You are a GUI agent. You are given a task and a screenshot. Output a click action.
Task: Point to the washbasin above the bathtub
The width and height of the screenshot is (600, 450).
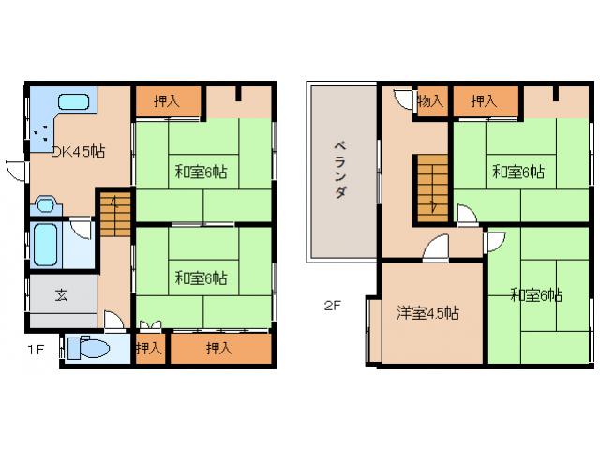(x=47, y=206)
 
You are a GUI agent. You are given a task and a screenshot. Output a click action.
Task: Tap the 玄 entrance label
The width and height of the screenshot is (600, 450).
(x=60, y=294)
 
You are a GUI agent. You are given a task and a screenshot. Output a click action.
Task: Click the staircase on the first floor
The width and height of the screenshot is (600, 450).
(x=112, y=213)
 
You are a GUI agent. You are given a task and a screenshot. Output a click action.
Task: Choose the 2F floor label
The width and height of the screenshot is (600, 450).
(x=333, y=305)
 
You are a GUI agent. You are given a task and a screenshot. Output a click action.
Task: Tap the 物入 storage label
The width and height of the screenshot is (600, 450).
(x=430, y=101)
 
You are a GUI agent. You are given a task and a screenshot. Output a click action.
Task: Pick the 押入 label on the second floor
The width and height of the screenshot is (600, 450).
(x=484, y=101)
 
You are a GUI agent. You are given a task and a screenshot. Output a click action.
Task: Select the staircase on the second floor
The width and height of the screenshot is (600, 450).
(x=432, y=187)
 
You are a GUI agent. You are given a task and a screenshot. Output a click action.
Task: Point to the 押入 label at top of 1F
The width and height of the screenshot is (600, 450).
(x=167, y=101)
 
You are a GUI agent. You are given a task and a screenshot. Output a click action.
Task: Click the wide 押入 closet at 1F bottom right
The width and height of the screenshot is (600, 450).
(x=221, y=349)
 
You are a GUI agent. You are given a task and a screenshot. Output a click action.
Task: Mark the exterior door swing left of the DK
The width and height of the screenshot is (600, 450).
(x=15, y=171)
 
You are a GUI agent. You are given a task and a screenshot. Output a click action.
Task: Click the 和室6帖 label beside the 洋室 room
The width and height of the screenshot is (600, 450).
(x=536, y=295)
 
